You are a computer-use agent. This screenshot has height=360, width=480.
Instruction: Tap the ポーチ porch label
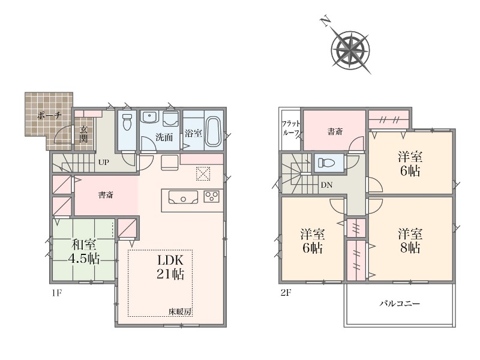(49, 116)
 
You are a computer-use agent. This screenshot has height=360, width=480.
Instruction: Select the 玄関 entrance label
(83, 134)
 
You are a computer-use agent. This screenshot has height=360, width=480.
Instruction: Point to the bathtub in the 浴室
(213, 131)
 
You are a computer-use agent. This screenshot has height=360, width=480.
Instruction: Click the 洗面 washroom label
(164, 137)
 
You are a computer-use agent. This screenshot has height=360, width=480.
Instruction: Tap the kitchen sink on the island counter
(183, 197)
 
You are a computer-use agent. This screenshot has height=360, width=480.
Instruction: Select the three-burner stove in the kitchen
(212, 196)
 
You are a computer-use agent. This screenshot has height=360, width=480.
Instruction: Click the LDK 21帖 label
(170, 267)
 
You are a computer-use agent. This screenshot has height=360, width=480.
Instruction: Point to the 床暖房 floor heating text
(180, 312)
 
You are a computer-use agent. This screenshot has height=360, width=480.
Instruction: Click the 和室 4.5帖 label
(83, 251)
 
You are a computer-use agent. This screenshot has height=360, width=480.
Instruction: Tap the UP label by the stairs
(103, 162)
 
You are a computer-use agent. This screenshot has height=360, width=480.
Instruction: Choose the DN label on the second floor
(326, 185)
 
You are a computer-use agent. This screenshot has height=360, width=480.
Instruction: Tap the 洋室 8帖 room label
(410, 241)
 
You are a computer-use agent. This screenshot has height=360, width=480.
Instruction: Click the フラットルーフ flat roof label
(291, 128)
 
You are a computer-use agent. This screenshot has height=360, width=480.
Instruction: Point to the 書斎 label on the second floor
(335, 131)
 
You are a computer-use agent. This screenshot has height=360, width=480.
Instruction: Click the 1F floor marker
(56, 293)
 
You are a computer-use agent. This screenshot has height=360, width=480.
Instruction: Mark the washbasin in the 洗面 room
(149, 117)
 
